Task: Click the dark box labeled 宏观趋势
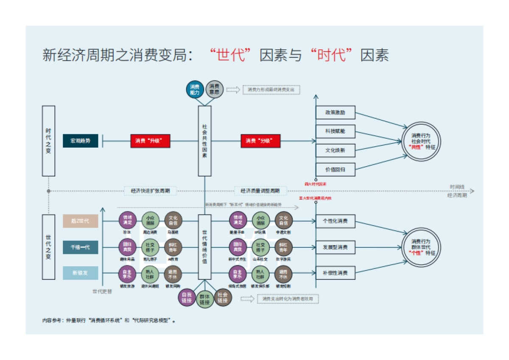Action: tap(81, 141)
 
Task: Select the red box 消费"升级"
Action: tap(150, 141)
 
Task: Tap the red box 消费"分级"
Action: tap(261, 141)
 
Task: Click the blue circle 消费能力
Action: tap(195, 89)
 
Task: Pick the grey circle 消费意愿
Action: tap(214, 89)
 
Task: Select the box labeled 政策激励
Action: tap(335, 113)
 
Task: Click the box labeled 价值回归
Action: tap(335, 169)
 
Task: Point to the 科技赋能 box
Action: tap(335, 131)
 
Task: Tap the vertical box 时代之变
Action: tap(48, 141)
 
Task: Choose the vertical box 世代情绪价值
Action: tap(204, 247)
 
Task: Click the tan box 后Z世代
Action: tap(81, 221)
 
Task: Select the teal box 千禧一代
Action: tap(81, 247)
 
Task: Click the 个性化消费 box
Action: tap(335, 221)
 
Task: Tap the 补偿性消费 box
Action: tap(335, 273)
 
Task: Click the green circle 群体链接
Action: tap(204, 300)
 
